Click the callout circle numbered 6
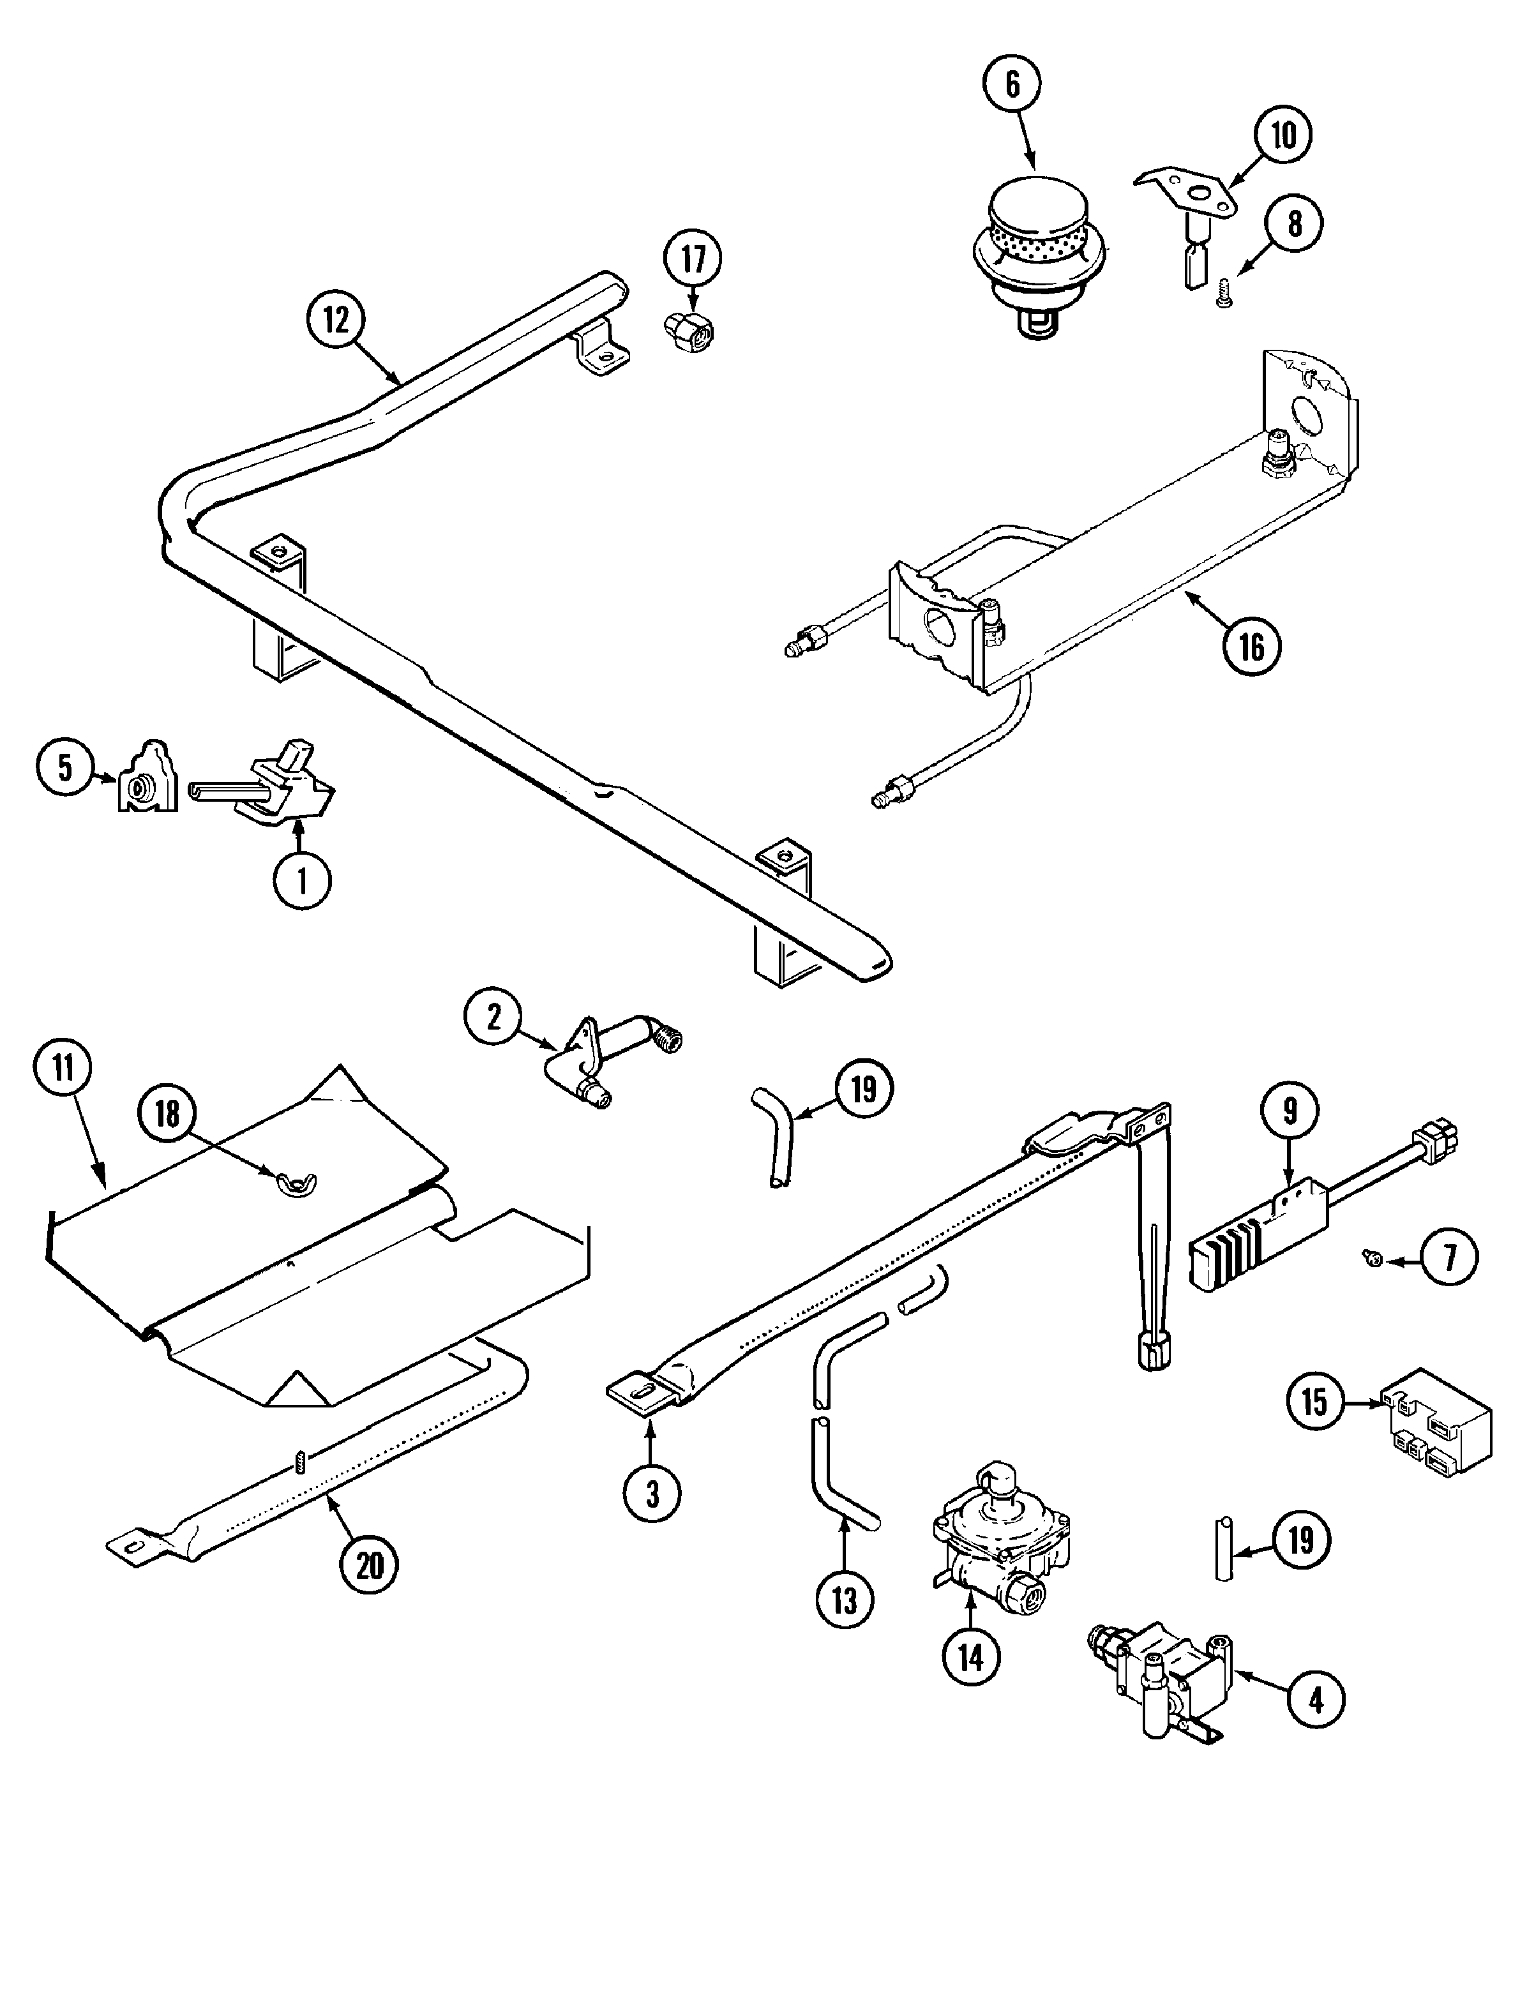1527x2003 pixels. pos(1012,84)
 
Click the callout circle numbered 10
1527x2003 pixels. pos(1283,135)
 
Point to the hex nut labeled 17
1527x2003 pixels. pos(689,333)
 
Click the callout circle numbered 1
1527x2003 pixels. pos(303,879)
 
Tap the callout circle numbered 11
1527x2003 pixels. pos(64,1068)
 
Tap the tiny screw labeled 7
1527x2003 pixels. pos(1373,1259)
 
